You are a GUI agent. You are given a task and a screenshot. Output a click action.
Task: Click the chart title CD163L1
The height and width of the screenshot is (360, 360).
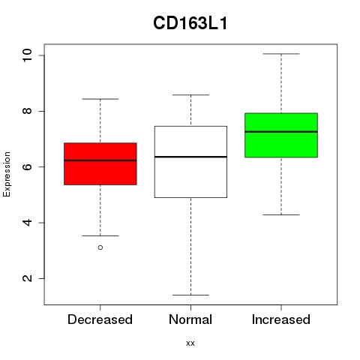point(190,23)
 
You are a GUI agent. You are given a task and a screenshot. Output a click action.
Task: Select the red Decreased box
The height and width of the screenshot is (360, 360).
point(100,163)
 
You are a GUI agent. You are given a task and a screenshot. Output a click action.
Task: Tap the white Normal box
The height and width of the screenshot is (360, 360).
point(190,162)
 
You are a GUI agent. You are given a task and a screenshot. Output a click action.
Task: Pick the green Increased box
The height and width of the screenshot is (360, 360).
point(281,135)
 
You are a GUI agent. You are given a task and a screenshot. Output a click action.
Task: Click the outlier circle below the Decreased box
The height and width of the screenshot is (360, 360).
point(100,247)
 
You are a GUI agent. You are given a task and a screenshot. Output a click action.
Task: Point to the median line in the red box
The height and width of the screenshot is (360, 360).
point(100,160)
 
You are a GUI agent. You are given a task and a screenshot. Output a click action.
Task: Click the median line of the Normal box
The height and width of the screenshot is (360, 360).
point(190,157)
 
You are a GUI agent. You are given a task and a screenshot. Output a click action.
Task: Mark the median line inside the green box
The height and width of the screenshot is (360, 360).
point(281,131)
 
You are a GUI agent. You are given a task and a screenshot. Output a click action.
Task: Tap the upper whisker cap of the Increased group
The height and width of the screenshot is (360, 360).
point(281,54)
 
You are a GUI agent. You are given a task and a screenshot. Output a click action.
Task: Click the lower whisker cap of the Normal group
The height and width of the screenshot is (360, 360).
point(190,295)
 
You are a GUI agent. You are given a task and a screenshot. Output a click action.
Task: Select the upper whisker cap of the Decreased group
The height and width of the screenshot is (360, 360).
point(100,99)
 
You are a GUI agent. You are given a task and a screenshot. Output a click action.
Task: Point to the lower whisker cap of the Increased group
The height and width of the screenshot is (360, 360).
point(281,214)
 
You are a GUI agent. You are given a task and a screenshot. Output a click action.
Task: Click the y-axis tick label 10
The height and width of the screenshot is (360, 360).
point(27,55)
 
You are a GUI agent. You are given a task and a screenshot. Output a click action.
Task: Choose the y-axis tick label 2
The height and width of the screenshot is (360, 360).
point(27,278)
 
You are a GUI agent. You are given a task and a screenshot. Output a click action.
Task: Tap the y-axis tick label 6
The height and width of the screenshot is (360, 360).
point(27,166)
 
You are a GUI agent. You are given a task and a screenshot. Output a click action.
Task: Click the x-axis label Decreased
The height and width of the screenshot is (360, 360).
point(100,319)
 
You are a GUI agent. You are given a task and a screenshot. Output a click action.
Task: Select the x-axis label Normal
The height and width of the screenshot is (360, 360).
point(190,319)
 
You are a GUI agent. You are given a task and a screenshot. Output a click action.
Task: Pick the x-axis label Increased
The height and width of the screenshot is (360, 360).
point(281,319)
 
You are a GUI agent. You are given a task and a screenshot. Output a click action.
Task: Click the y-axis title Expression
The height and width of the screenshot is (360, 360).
point(7,174)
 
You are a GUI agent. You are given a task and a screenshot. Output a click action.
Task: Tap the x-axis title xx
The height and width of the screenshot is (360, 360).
point(190,343)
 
